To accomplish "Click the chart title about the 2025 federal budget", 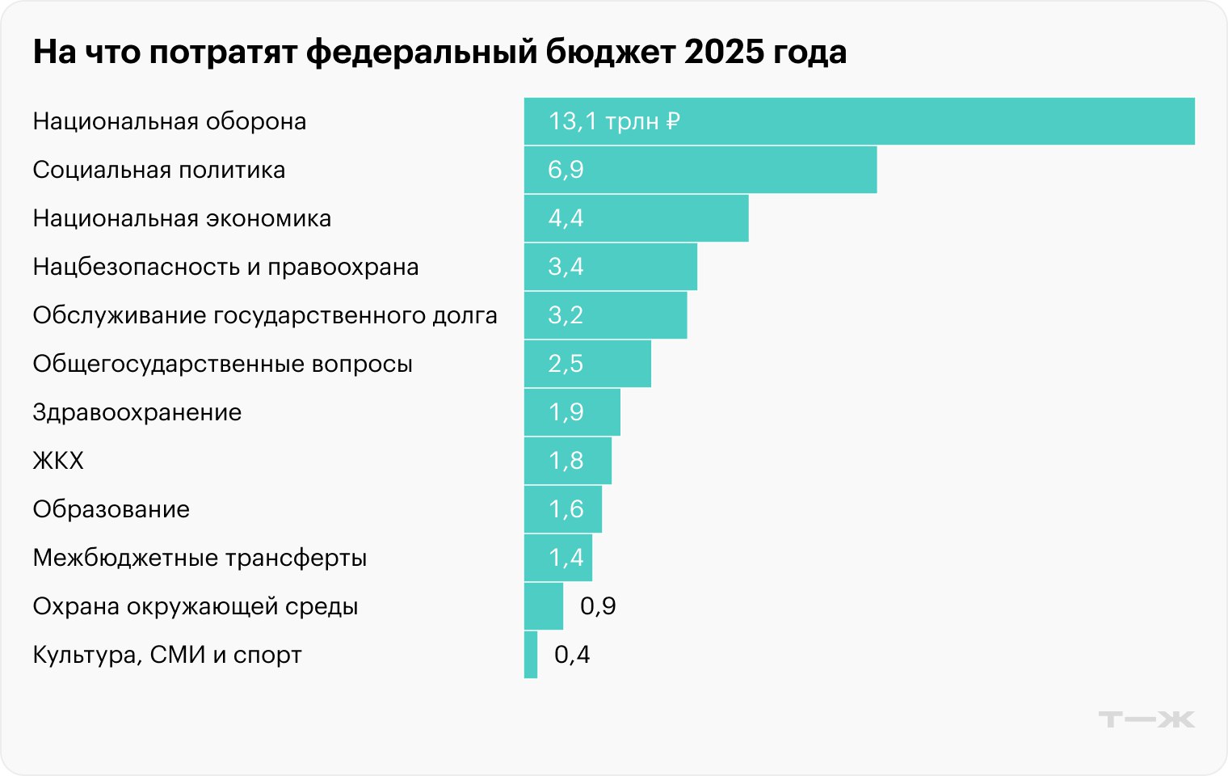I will pos(439,52).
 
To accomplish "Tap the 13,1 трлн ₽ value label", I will pos(614,121).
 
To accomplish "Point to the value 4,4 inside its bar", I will pos(566,218).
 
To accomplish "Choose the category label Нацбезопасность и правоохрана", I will pos(225,267).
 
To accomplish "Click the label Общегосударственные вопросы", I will pos(222,364).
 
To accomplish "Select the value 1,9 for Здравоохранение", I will pos(566,412).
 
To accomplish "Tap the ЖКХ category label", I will pos(58,461).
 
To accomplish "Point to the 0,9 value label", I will pos(598,606).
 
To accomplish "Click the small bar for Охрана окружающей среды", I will pos(543,606).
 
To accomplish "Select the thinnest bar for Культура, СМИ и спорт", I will pos(531,655).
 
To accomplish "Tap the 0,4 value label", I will pos(572,655).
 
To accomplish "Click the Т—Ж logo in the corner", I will pos(1146,719).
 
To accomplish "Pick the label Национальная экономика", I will pos(182,218).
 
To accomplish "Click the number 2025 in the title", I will pos(724,52).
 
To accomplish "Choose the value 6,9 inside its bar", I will pos(566,170).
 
